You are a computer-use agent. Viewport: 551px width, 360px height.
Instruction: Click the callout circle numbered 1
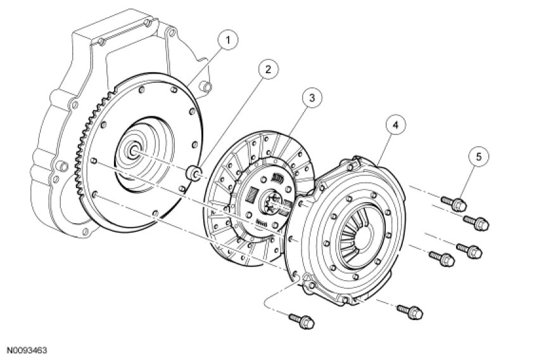click(227, 41)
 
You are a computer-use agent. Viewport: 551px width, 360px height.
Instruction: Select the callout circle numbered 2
click(268, 69)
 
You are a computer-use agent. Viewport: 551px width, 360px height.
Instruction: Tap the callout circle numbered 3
click(312, 98)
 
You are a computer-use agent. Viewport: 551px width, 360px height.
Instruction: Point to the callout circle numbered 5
click(479, 157)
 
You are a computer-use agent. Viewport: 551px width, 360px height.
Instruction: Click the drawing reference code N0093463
click(27, 350)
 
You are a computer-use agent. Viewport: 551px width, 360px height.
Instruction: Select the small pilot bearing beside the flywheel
click(194, 172)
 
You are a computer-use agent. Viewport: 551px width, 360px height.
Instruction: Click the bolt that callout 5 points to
click(454, 203)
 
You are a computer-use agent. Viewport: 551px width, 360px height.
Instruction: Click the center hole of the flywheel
click(134, 151)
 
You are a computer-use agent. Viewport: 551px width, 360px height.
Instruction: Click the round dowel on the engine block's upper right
click(206, 86)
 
